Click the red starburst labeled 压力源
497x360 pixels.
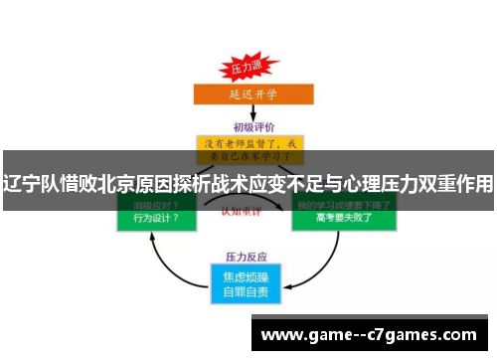point(247,69)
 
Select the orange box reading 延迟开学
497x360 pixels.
point(248,94)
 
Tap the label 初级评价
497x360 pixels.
point(248,126)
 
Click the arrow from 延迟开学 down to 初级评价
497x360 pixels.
point(248,112)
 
